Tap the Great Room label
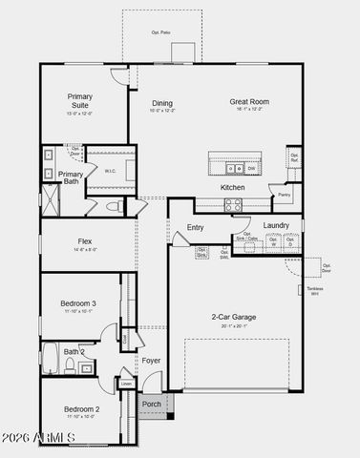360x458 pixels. [x=249, y=101]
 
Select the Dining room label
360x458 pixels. [x=162, y=103]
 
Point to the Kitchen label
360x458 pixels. [x=233, y=188]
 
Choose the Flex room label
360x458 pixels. [x=84, y=242]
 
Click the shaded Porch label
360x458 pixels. [x=152, y=405]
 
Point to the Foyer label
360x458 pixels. [x=152, y=361]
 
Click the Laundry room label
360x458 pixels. [x=276, y=225]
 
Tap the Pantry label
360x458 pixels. [x=285, y=196]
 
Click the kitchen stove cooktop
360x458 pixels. [x=234, y=204]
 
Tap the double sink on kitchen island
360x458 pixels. [x=234, y=169]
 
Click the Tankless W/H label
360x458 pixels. [x=314, y=291]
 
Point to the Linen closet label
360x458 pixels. [x=127, y=384]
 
